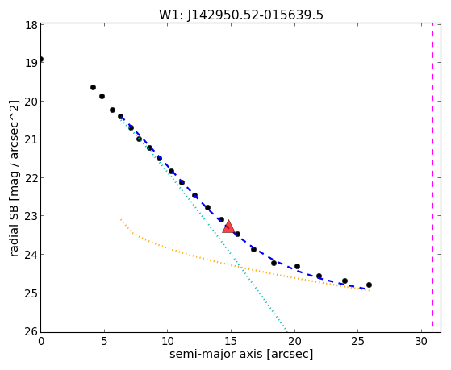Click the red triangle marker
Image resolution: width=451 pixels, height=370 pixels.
[x=228, y=227]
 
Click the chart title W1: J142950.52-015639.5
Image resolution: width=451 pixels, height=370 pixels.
[x=241, y=15]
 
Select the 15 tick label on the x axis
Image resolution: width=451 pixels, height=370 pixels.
[x=231, y=341]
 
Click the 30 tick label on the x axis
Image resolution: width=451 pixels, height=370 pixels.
[x=421, y=341]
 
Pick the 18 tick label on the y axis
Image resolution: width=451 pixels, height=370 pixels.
[x=31, y=25]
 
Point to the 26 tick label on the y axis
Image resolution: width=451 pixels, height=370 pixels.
[x=31, y=331]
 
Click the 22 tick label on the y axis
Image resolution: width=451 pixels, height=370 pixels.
[x=31, y=178]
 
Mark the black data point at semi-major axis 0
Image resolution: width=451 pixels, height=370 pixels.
[x=41, y=59]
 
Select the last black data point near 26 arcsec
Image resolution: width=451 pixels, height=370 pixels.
[x=369, y=285]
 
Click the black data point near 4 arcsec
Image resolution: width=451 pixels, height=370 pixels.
[x=93, y=87]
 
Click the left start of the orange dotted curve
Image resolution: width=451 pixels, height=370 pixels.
[x=121, y=219]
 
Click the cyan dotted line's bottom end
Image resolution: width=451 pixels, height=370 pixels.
[x=286, y=330]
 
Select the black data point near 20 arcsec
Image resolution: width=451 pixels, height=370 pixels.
[x=297, y=266]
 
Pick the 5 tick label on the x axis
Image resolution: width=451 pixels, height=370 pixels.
[x=104, y=341]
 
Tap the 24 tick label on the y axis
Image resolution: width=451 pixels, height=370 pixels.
[x=31, y=255]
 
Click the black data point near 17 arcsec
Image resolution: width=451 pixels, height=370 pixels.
[x=253, y=249]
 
